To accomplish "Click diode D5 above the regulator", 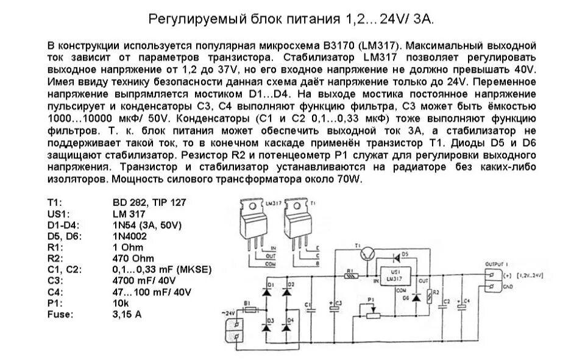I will coord(397,254).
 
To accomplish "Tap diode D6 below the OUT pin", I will coord(416,298).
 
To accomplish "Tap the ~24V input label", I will coord(228,312).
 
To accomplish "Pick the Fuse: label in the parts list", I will coord(59,314).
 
